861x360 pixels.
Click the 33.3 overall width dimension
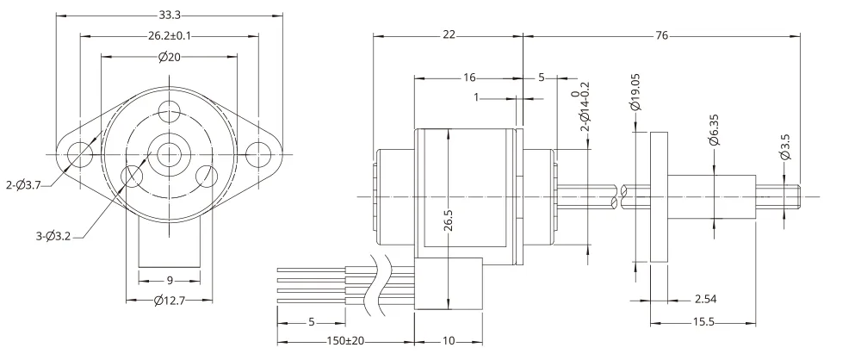[x=170, y=15]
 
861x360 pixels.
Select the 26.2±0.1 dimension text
[x=169, y=35]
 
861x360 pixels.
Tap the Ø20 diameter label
[x=170, y=56]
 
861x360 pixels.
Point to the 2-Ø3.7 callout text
[x=23, y=186]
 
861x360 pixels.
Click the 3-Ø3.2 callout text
[x=53, y=238]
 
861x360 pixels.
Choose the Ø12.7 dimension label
[x=169, y=301]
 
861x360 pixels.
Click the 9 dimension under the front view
[x=170, y=281]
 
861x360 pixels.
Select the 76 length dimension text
[x=661, y=35]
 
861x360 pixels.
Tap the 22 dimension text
[x=449, y=34]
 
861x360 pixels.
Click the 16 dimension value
[x=468, y=78]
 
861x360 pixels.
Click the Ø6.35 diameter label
[x=714, y=130]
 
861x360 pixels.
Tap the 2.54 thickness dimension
[x=706, y=300]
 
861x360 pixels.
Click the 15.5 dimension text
[x=703, y=322]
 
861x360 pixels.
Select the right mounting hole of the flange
[x=257, y=154]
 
